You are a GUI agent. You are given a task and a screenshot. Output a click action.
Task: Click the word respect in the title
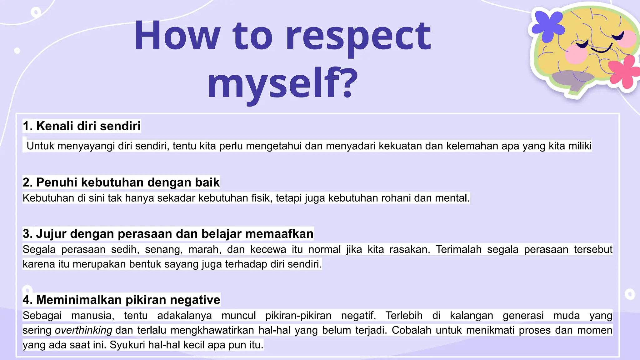pyautogui.click(x=358, y=37)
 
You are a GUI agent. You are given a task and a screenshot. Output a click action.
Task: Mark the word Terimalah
pyautogui.click(x=458, y=249)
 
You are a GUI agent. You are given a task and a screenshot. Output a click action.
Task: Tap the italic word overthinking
pyautogui.click(x=83, y=330)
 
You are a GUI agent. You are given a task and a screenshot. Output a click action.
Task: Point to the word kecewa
pyautogui.click(x=268, y=249)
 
